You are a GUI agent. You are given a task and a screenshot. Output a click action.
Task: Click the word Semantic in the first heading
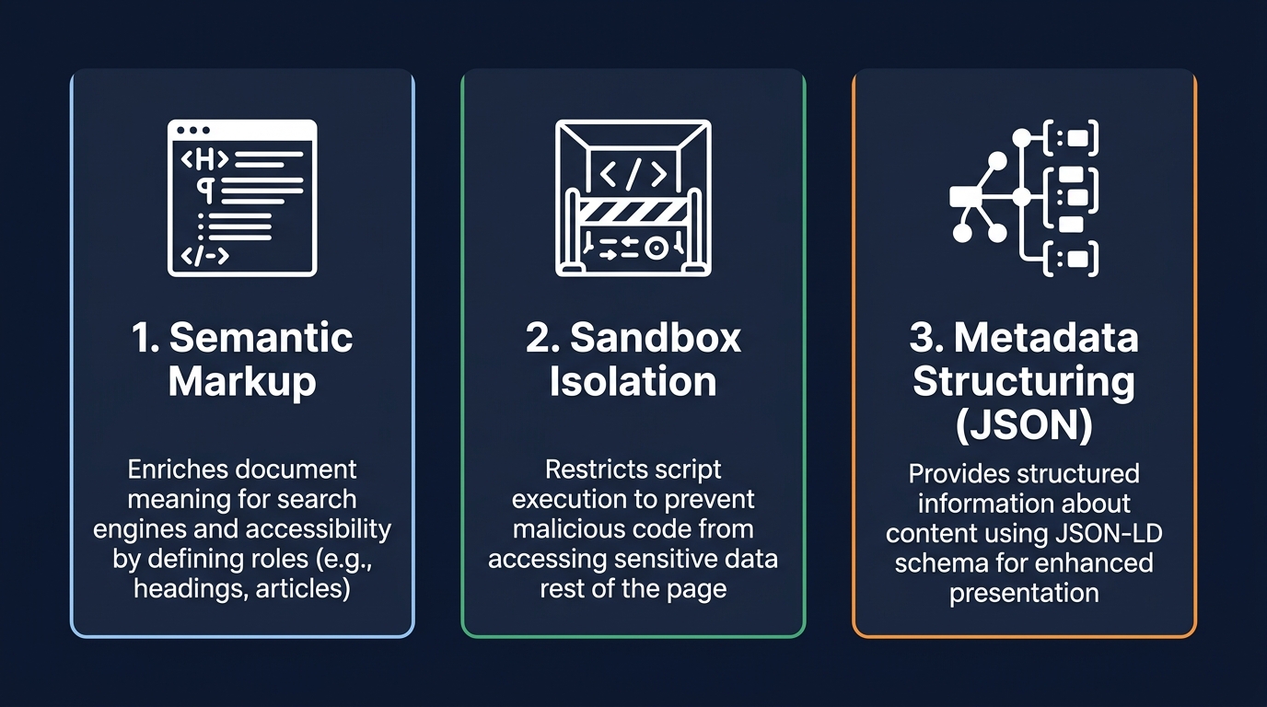(x=261, y=338)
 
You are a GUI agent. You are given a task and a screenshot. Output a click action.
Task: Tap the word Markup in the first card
(x=242, y=382)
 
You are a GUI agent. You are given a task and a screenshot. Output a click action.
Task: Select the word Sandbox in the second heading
(x=655, y=338)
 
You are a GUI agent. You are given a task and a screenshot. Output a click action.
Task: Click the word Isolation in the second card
(x=633, y=381)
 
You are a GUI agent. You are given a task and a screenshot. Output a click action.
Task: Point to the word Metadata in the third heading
(x=1046, y=338)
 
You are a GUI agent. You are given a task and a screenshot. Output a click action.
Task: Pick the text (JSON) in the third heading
(x=1024, y=425)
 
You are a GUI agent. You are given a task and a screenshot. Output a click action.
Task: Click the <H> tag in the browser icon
(x=204, y=159)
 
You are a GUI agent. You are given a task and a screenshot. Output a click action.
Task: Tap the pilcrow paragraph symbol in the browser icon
(x=205, y=191)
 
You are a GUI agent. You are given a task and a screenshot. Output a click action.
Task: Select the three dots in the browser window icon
(x=192, y=130)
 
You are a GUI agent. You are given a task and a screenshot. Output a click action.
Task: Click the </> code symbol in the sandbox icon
(x=633, y=173)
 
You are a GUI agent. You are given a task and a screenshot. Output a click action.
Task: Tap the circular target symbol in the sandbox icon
(x=657, y=248)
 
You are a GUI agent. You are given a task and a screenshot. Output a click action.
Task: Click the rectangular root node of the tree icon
(x=965, y=197)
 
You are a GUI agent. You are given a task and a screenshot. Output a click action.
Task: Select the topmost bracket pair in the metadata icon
(x=1071, y=137)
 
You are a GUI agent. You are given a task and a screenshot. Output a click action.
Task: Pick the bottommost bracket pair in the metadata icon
(x=1071, y=259)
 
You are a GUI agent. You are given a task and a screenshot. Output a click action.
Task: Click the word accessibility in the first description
(x=319, y=529)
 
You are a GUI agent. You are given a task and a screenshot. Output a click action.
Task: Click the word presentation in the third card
(x=1024, y=594)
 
